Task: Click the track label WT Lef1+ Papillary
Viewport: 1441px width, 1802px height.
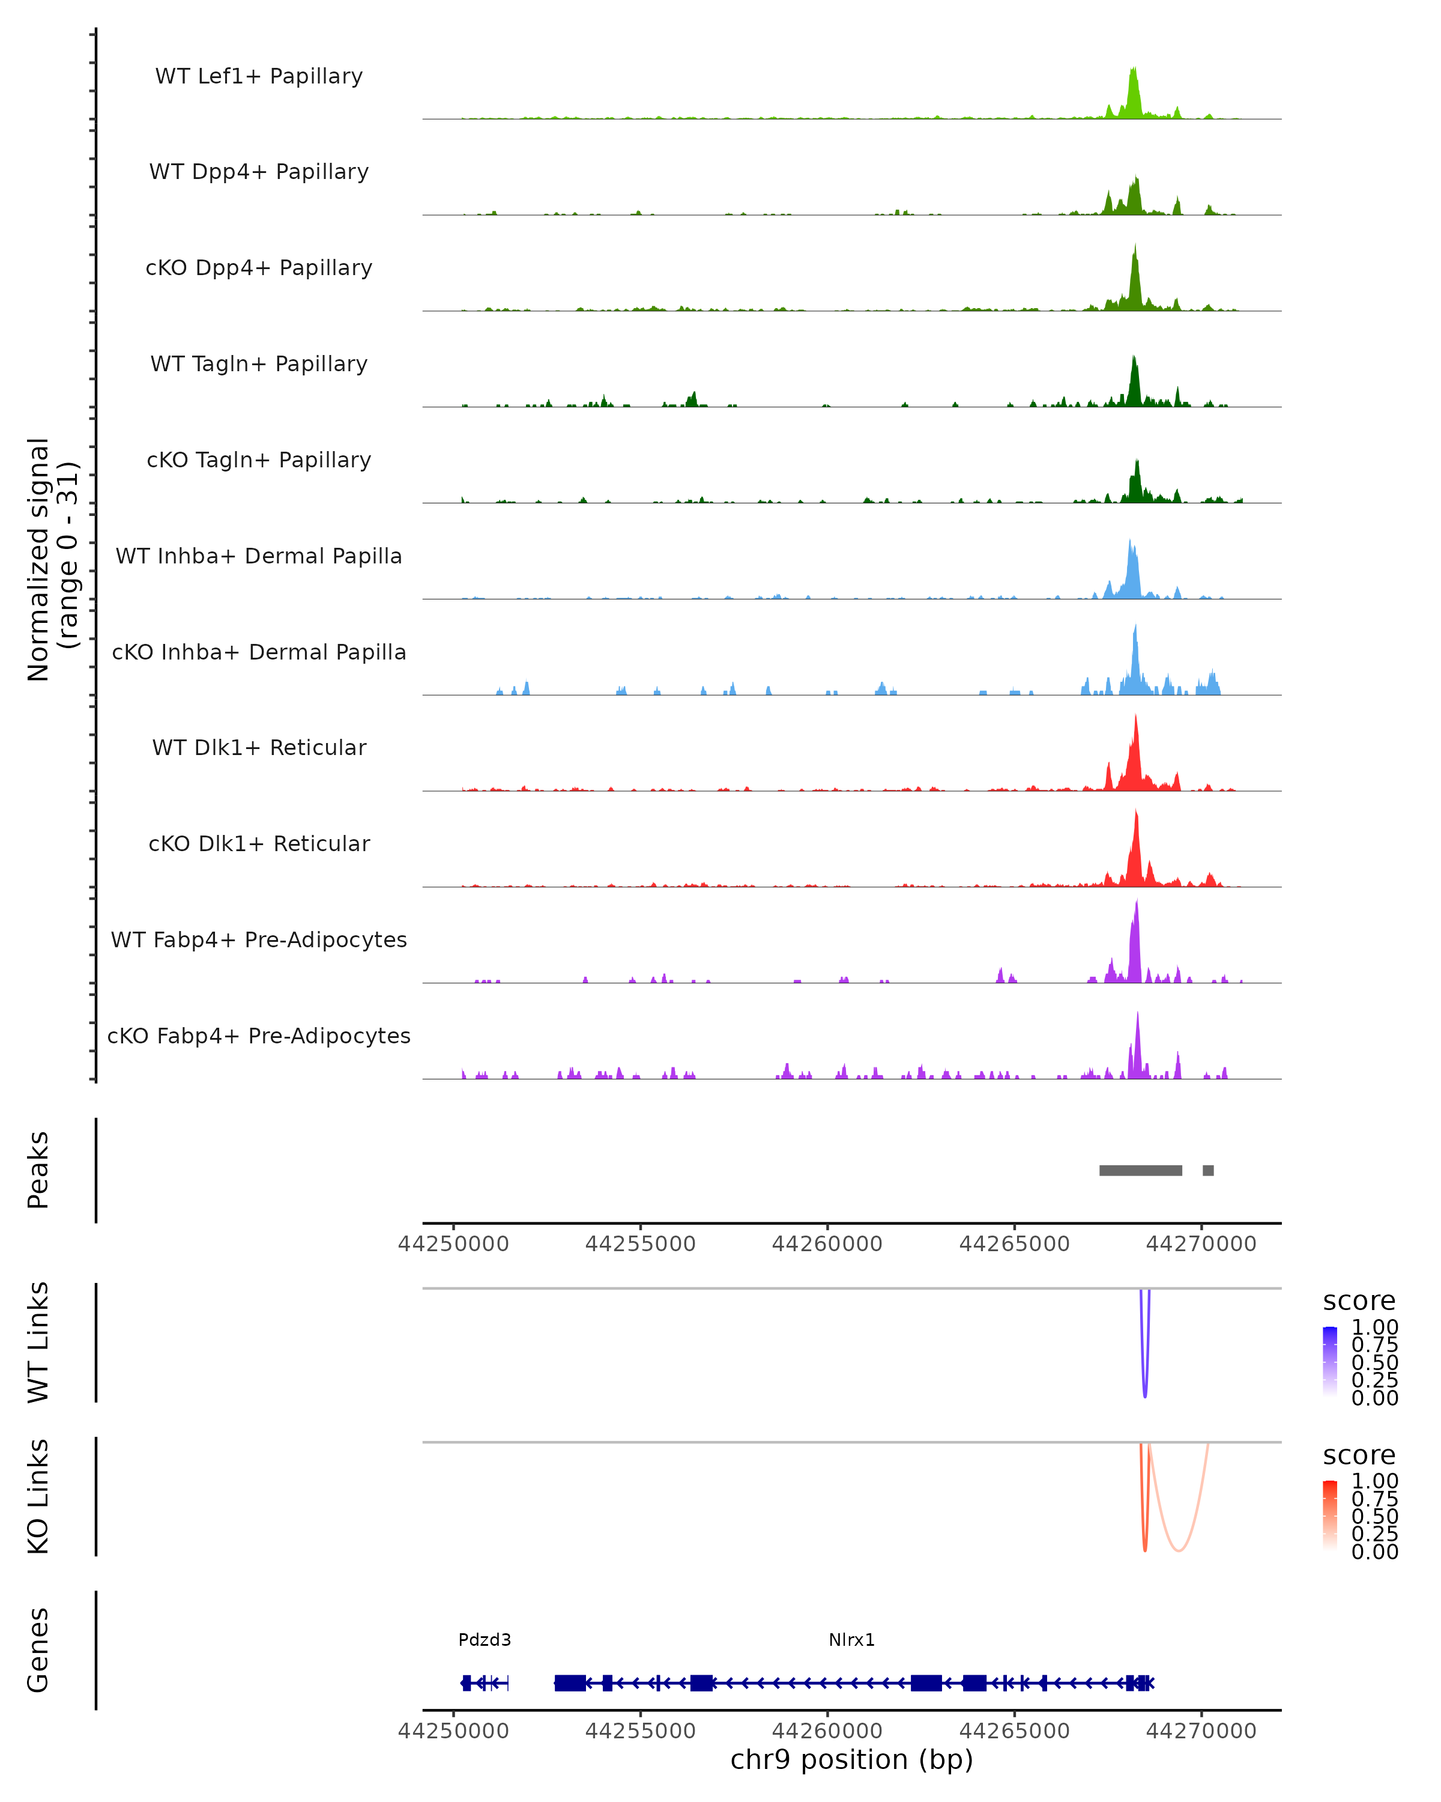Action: coord(259,76)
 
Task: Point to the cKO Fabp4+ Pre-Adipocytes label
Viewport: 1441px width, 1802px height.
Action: coord(259,1036)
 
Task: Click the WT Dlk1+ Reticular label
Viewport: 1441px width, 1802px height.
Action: coord(259,748)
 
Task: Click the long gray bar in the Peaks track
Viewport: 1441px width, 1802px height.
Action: coord(1140,1170)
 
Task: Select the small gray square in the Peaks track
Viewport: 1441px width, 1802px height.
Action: coord(1208,1170)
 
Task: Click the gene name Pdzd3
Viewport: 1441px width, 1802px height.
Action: coord(485,1640)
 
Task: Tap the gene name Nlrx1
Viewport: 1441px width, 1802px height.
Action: coord(851,1640)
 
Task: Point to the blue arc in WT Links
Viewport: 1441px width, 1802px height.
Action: coord(1144,1388)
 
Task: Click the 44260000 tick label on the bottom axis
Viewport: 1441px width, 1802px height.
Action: coord(827,1731)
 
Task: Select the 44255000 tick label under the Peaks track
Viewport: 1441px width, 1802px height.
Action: coord(640,1244)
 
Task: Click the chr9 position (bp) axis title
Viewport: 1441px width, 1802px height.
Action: coord(851,1760)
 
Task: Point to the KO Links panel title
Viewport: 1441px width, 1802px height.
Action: coord(38,1496)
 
